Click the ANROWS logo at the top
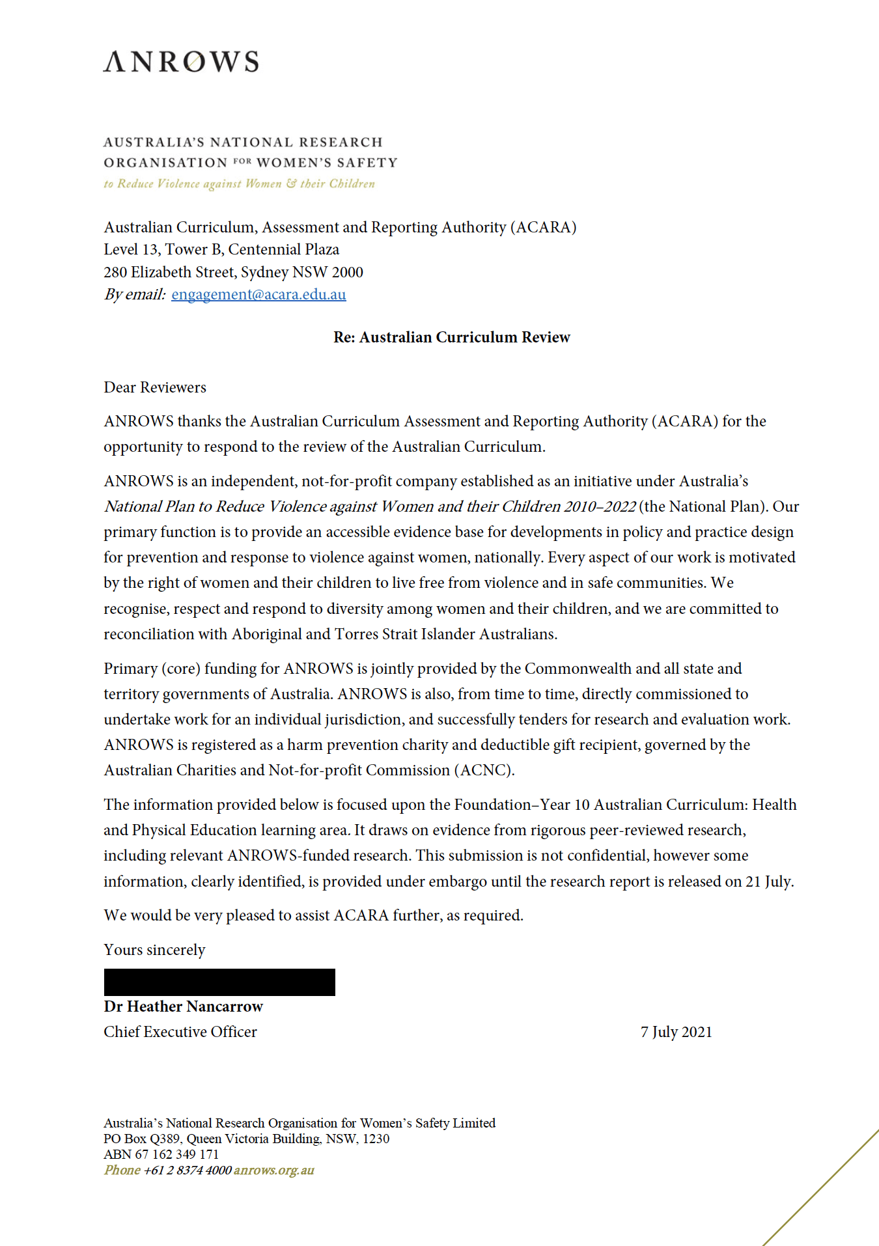tap(181, 62)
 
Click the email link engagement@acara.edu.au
tap(258, 294)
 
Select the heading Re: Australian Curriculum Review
tap(451, 337)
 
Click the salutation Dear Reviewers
tap(155, 387)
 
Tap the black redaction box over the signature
tap(219, 982)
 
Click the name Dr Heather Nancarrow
tap(183, 1006)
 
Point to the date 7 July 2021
tap(676, 1032)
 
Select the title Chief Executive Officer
tap(180, 1032)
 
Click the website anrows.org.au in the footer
tap(273, 1170)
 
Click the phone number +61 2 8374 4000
tap(188, 1170)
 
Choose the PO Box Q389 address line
tap(246, 1139)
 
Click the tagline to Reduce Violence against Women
tap(239, 184)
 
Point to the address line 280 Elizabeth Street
tap(233, 272)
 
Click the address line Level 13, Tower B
tap(221, 249)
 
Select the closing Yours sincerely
tap(154, 950)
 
